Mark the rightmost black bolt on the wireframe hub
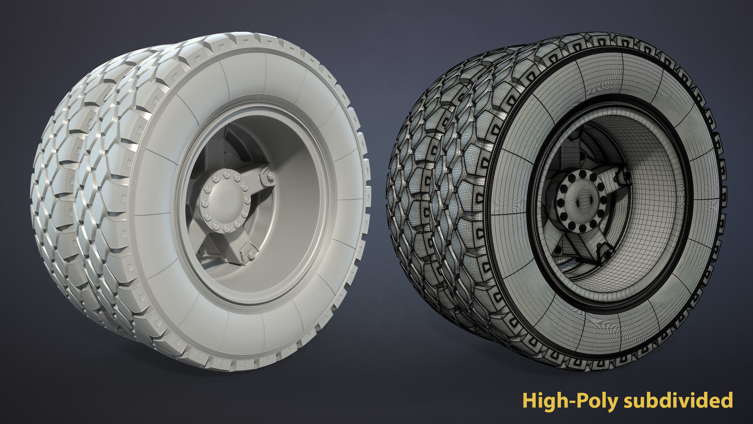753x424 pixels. point(601,200)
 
